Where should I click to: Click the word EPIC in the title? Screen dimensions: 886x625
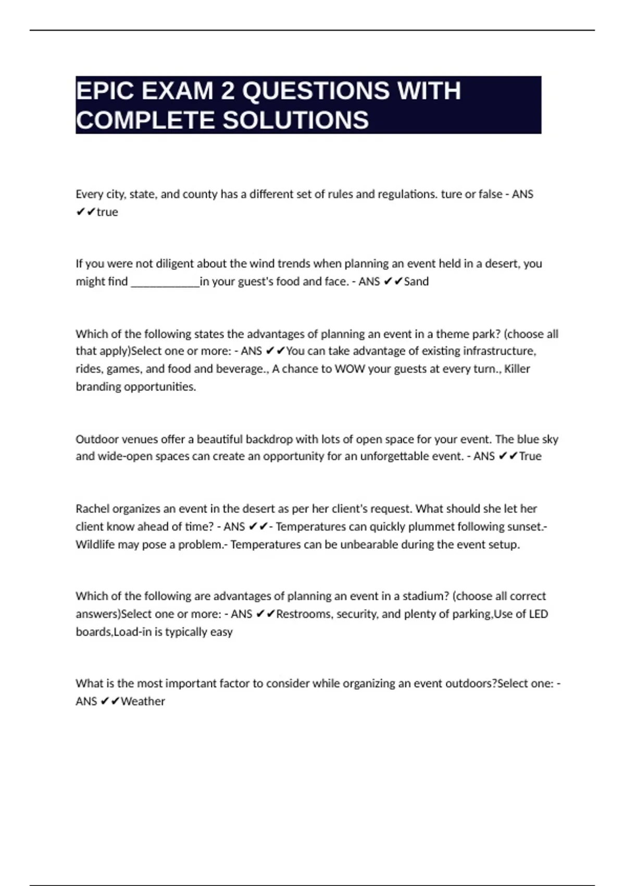tap(104, 91)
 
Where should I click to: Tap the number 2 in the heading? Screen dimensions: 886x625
tap(228, 91)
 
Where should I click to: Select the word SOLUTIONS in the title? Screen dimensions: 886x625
tap(296, 120)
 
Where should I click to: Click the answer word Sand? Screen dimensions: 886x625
tap(416, 281)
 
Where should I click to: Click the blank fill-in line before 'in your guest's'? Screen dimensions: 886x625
tap(165, 282)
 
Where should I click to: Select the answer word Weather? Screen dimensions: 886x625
tap(143, 702)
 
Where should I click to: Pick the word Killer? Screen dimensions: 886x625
tap(517, 369)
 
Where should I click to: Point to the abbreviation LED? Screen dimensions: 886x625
tap(538, 614)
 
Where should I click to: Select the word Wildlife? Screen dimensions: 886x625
tap(95, 545)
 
